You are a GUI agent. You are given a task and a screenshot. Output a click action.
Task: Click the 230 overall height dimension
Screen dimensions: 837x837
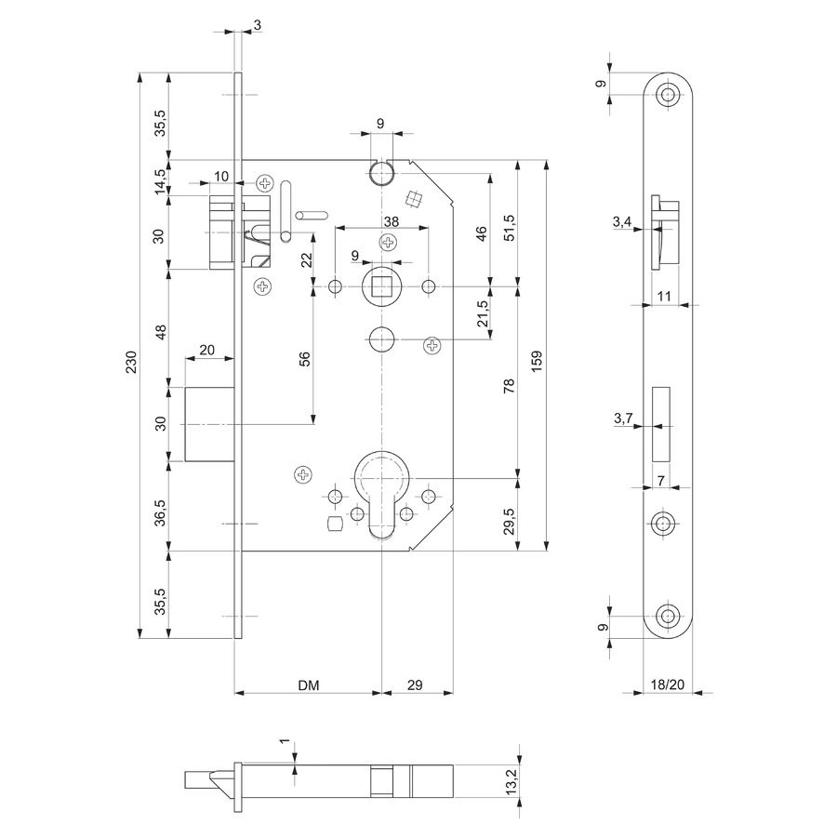point(131,362)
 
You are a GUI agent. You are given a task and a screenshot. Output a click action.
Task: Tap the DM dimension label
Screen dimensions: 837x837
point(309,684)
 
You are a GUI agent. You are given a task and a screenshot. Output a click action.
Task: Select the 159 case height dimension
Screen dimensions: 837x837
point(537,361)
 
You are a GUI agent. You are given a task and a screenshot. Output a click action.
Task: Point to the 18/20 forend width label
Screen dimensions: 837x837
point(667,684)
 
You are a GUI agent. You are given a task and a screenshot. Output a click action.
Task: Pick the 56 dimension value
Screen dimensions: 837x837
point(305,359)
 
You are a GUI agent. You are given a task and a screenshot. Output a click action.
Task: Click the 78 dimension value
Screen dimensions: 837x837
point(510,385)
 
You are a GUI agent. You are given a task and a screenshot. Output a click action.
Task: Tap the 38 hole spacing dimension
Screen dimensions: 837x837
point(392,221)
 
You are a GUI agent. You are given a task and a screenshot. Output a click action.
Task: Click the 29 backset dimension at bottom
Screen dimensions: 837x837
point(415,684)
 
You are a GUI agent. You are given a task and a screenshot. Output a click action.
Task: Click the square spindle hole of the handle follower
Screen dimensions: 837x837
point(381,287)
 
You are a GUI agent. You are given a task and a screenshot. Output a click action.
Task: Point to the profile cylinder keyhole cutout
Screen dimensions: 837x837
point(382,495)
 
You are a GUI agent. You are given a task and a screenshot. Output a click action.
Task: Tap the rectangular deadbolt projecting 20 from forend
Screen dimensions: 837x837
point(210,424)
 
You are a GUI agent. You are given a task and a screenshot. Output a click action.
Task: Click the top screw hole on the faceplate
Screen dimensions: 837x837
point(666,96)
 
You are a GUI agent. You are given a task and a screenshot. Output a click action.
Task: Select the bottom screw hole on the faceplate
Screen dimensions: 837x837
point(666,616)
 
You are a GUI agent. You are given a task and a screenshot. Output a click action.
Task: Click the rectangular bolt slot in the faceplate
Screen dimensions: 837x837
point(661,424)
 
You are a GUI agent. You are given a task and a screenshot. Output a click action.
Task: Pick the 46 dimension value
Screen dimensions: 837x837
point(482,233)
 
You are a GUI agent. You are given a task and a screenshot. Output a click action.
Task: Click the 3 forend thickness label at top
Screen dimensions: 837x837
point(258,25)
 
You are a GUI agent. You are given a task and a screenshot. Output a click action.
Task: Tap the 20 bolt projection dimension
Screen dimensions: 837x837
point(207,350)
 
